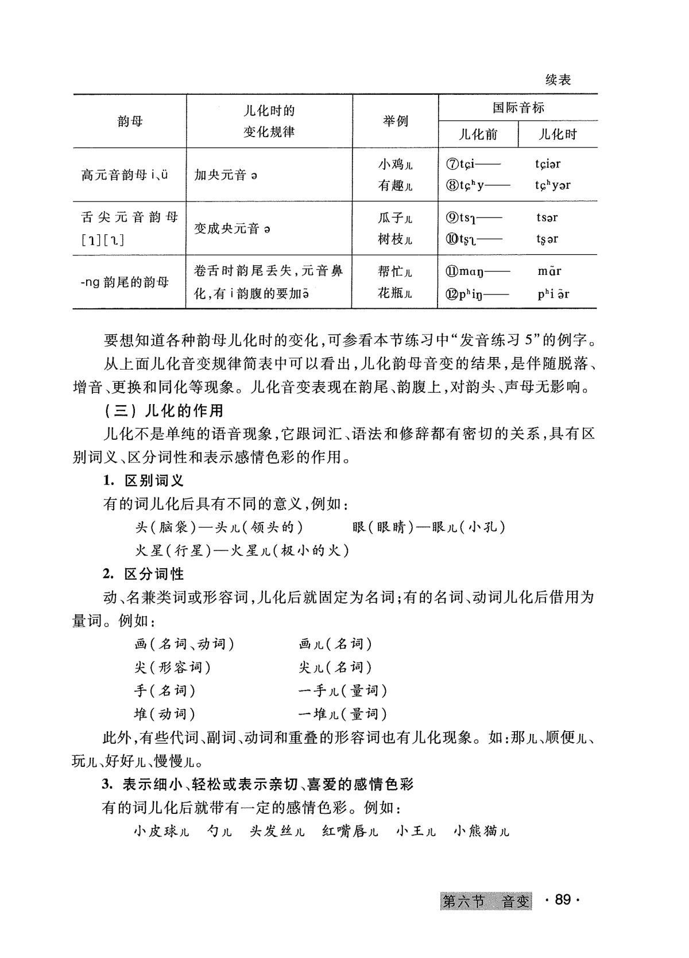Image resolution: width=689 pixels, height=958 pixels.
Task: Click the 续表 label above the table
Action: (558, 80)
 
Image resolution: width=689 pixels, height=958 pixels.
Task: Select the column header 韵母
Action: (130, 121)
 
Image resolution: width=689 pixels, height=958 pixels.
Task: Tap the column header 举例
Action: (395, 121)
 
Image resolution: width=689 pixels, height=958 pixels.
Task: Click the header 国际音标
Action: (518, 107)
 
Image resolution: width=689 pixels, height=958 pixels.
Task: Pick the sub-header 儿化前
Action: (478, 135)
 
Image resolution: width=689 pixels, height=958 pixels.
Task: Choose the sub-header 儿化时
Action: (558, 135)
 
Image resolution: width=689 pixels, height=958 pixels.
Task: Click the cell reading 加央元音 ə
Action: (226, 175)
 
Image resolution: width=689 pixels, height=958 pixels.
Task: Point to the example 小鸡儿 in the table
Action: (395, 165)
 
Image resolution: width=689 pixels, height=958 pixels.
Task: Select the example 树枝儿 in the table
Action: (395, 239)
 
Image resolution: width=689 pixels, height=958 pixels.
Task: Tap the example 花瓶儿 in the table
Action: (395, 294)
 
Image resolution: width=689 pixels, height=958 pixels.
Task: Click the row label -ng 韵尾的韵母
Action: (125, 282)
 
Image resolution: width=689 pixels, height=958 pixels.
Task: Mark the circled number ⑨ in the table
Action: (451, 218)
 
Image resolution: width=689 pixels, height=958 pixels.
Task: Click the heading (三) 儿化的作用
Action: (164, 411)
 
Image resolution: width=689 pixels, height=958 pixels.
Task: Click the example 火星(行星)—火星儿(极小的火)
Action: (242, 550)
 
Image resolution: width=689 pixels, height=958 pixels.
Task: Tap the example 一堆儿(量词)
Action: (343, 714)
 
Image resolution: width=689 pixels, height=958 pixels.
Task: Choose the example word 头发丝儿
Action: (277, 831)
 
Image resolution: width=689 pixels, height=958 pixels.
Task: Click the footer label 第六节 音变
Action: (486, 902)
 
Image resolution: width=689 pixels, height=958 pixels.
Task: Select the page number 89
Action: (563, 901)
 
